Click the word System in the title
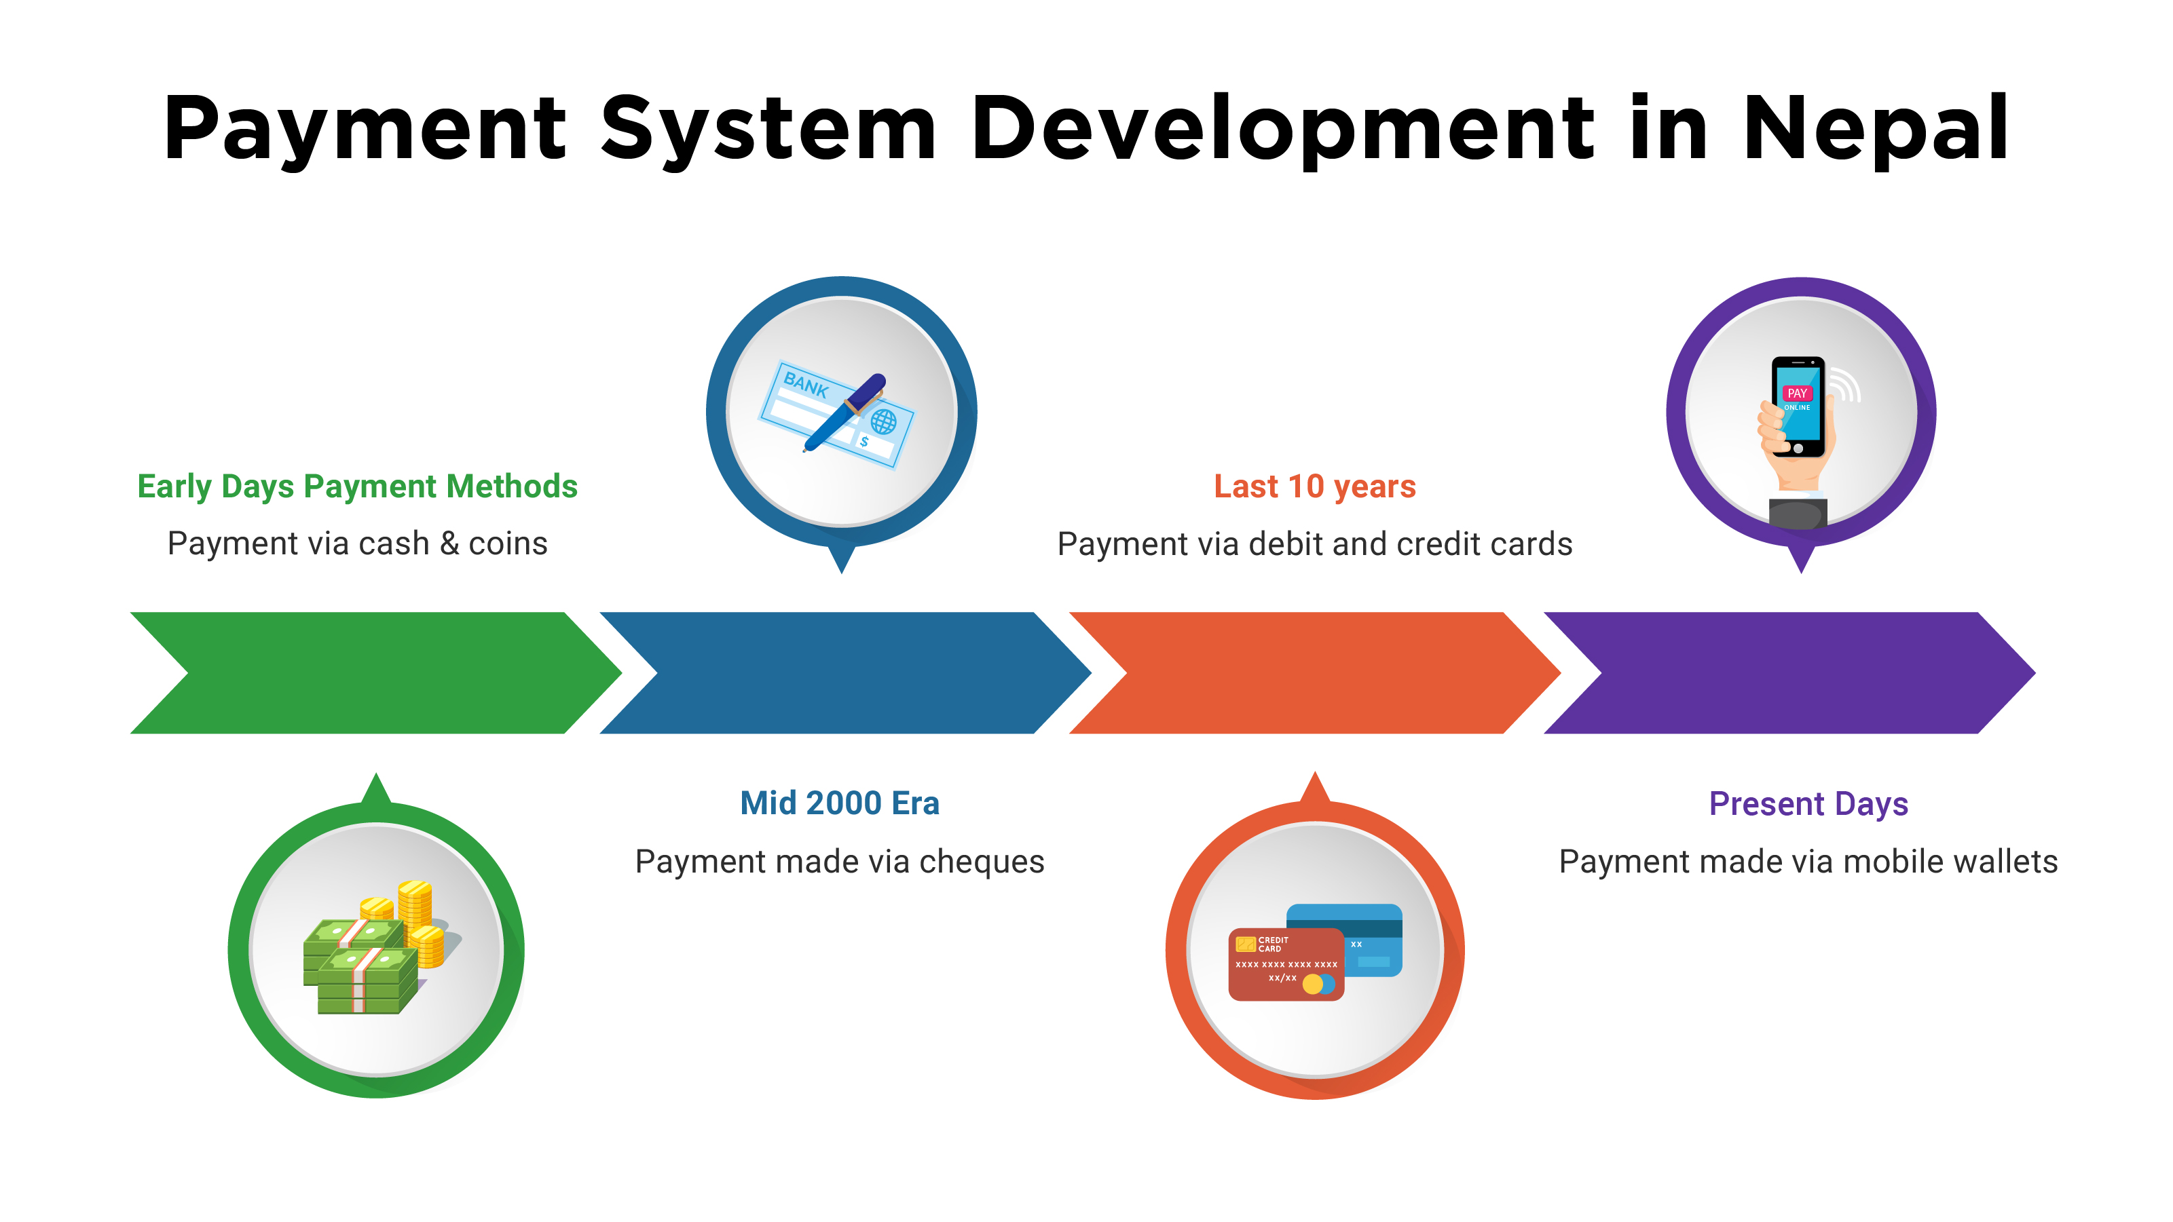tap(768, 128)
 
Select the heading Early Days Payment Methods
tap(357, 486)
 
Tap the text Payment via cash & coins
tap(357, 543)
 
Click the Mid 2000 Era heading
tap(839, 803)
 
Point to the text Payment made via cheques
tap(839, 861)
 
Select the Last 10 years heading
tap(1314, 486)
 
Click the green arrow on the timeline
tap(371, 672)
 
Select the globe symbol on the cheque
tap(883, 421)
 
